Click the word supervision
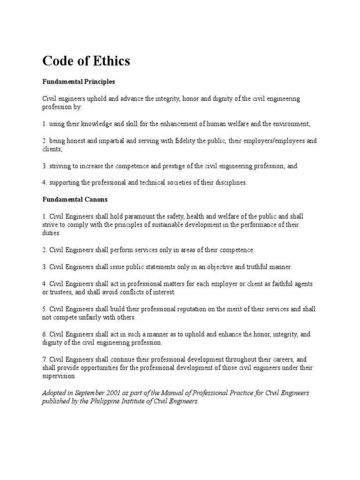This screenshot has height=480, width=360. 59,376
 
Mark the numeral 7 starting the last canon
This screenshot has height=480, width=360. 45,360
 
